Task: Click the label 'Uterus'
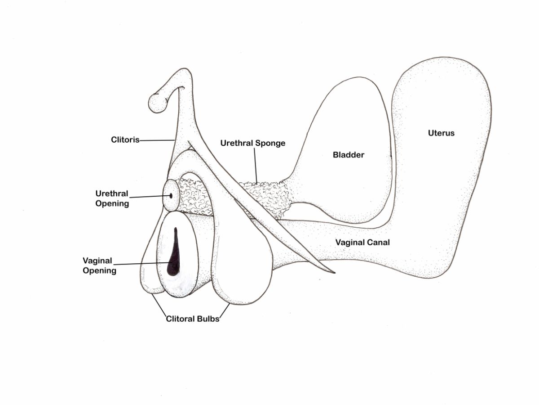pos(441,133)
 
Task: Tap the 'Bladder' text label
pos(348,155)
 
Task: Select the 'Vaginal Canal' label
pos(362,242)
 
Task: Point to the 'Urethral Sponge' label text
pos(252,143)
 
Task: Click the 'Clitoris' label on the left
pos(125,140)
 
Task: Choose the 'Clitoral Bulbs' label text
pos(192,319)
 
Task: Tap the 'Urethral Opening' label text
pos(112,198)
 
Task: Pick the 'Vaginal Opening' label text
pos(99,265)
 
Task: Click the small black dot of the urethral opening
pos(171,196)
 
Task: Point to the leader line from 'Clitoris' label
pos(157,140)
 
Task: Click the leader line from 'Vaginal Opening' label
pos(144,264)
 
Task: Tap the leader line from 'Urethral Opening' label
pos(148,197)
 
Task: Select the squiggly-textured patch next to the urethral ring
pos(194,196)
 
